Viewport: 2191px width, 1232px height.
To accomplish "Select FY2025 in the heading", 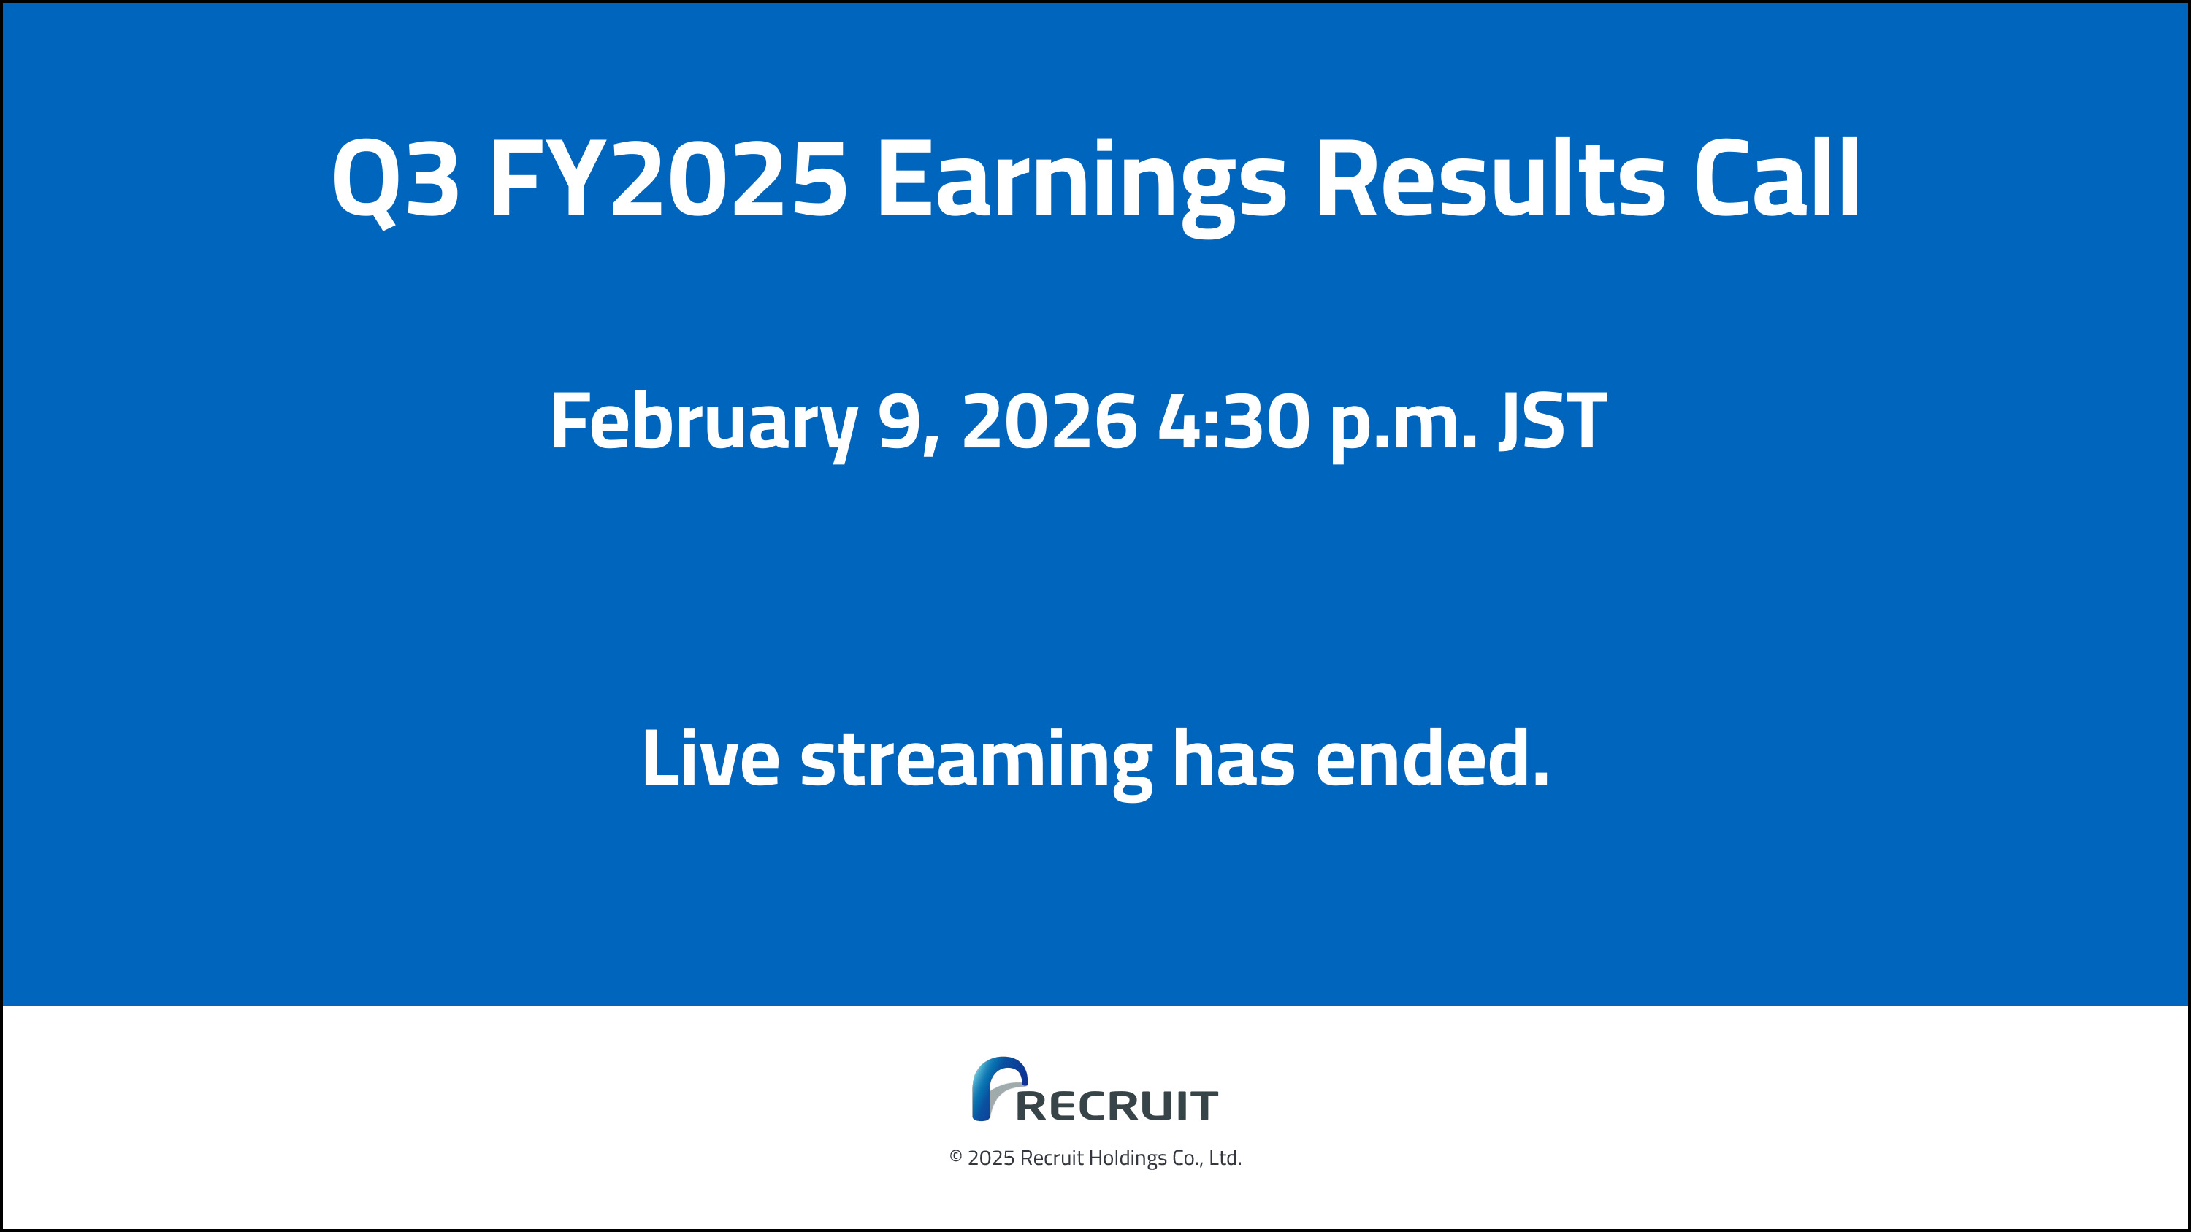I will tap(668, 179).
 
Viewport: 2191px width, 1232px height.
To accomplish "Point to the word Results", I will tap(1488, 179).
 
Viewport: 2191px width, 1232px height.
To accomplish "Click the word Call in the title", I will tap(1776, 179).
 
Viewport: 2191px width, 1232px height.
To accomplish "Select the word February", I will tap(704, 423).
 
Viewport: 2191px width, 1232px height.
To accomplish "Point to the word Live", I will tap(710, 758).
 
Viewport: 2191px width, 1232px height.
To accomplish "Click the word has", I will tap(1234, 758).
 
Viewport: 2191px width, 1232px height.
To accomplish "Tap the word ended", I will tap(1431, 758).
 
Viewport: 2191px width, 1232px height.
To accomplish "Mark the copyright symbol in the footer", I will tap(956, 1157).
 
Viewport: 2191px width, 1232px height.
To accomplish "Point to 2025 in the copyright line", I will tap(991, 1158).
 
